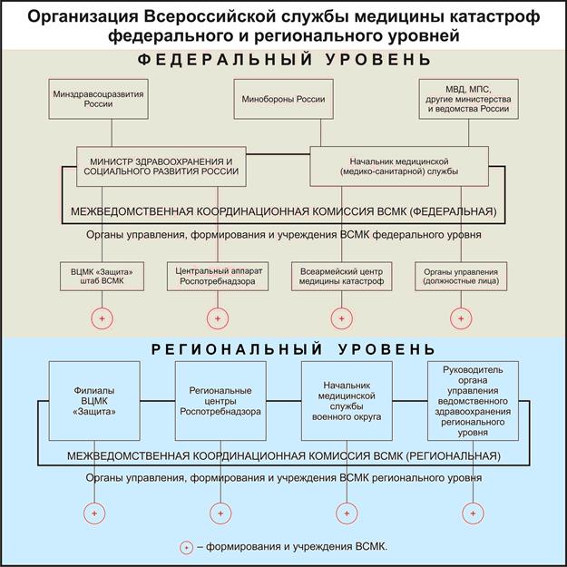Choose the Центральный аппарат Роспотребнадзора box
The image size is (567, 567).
(x=217, y=277)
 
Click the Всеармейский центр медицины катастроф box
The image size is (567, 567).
(x=342, y=277)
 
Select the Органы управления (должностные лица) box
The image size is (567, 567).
(x=462, y=277)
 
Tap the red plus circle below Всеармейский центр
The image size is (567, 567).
(x=342, y=318)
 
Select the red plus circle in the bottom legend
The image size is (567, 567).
(x=187, y=547)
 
